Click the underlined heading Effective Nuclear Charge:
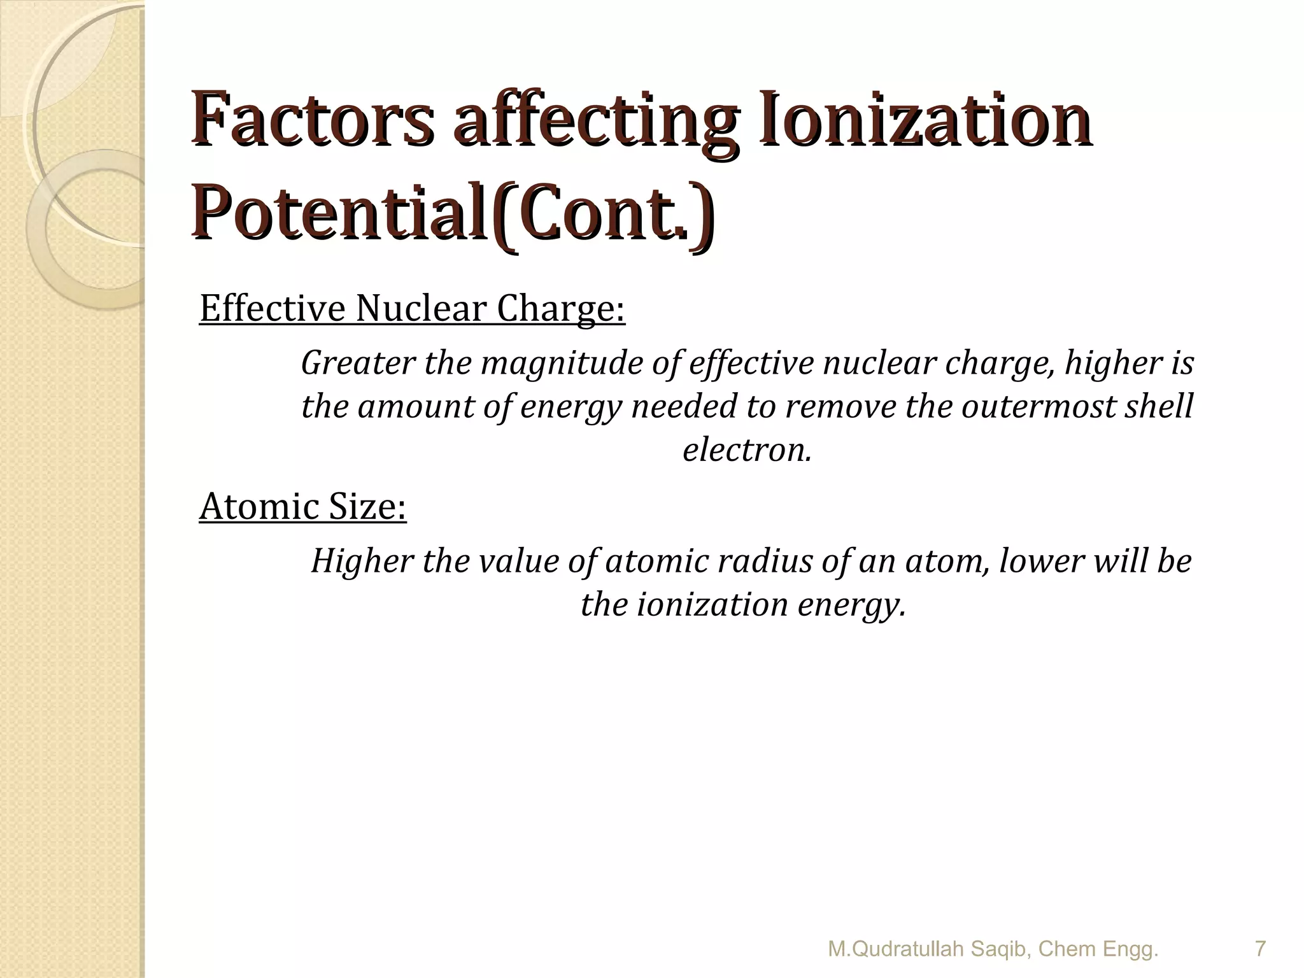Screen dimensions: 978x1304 point(412,308)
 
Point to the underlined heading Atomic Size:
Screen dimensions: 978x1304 point(302,507)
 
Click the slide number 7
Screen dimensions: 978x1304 point(1259,949)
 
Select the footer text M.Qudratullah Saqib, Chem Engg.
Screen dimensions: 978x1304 point(993,949)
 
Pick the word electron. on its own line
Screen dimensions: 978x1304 point(747,450)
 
